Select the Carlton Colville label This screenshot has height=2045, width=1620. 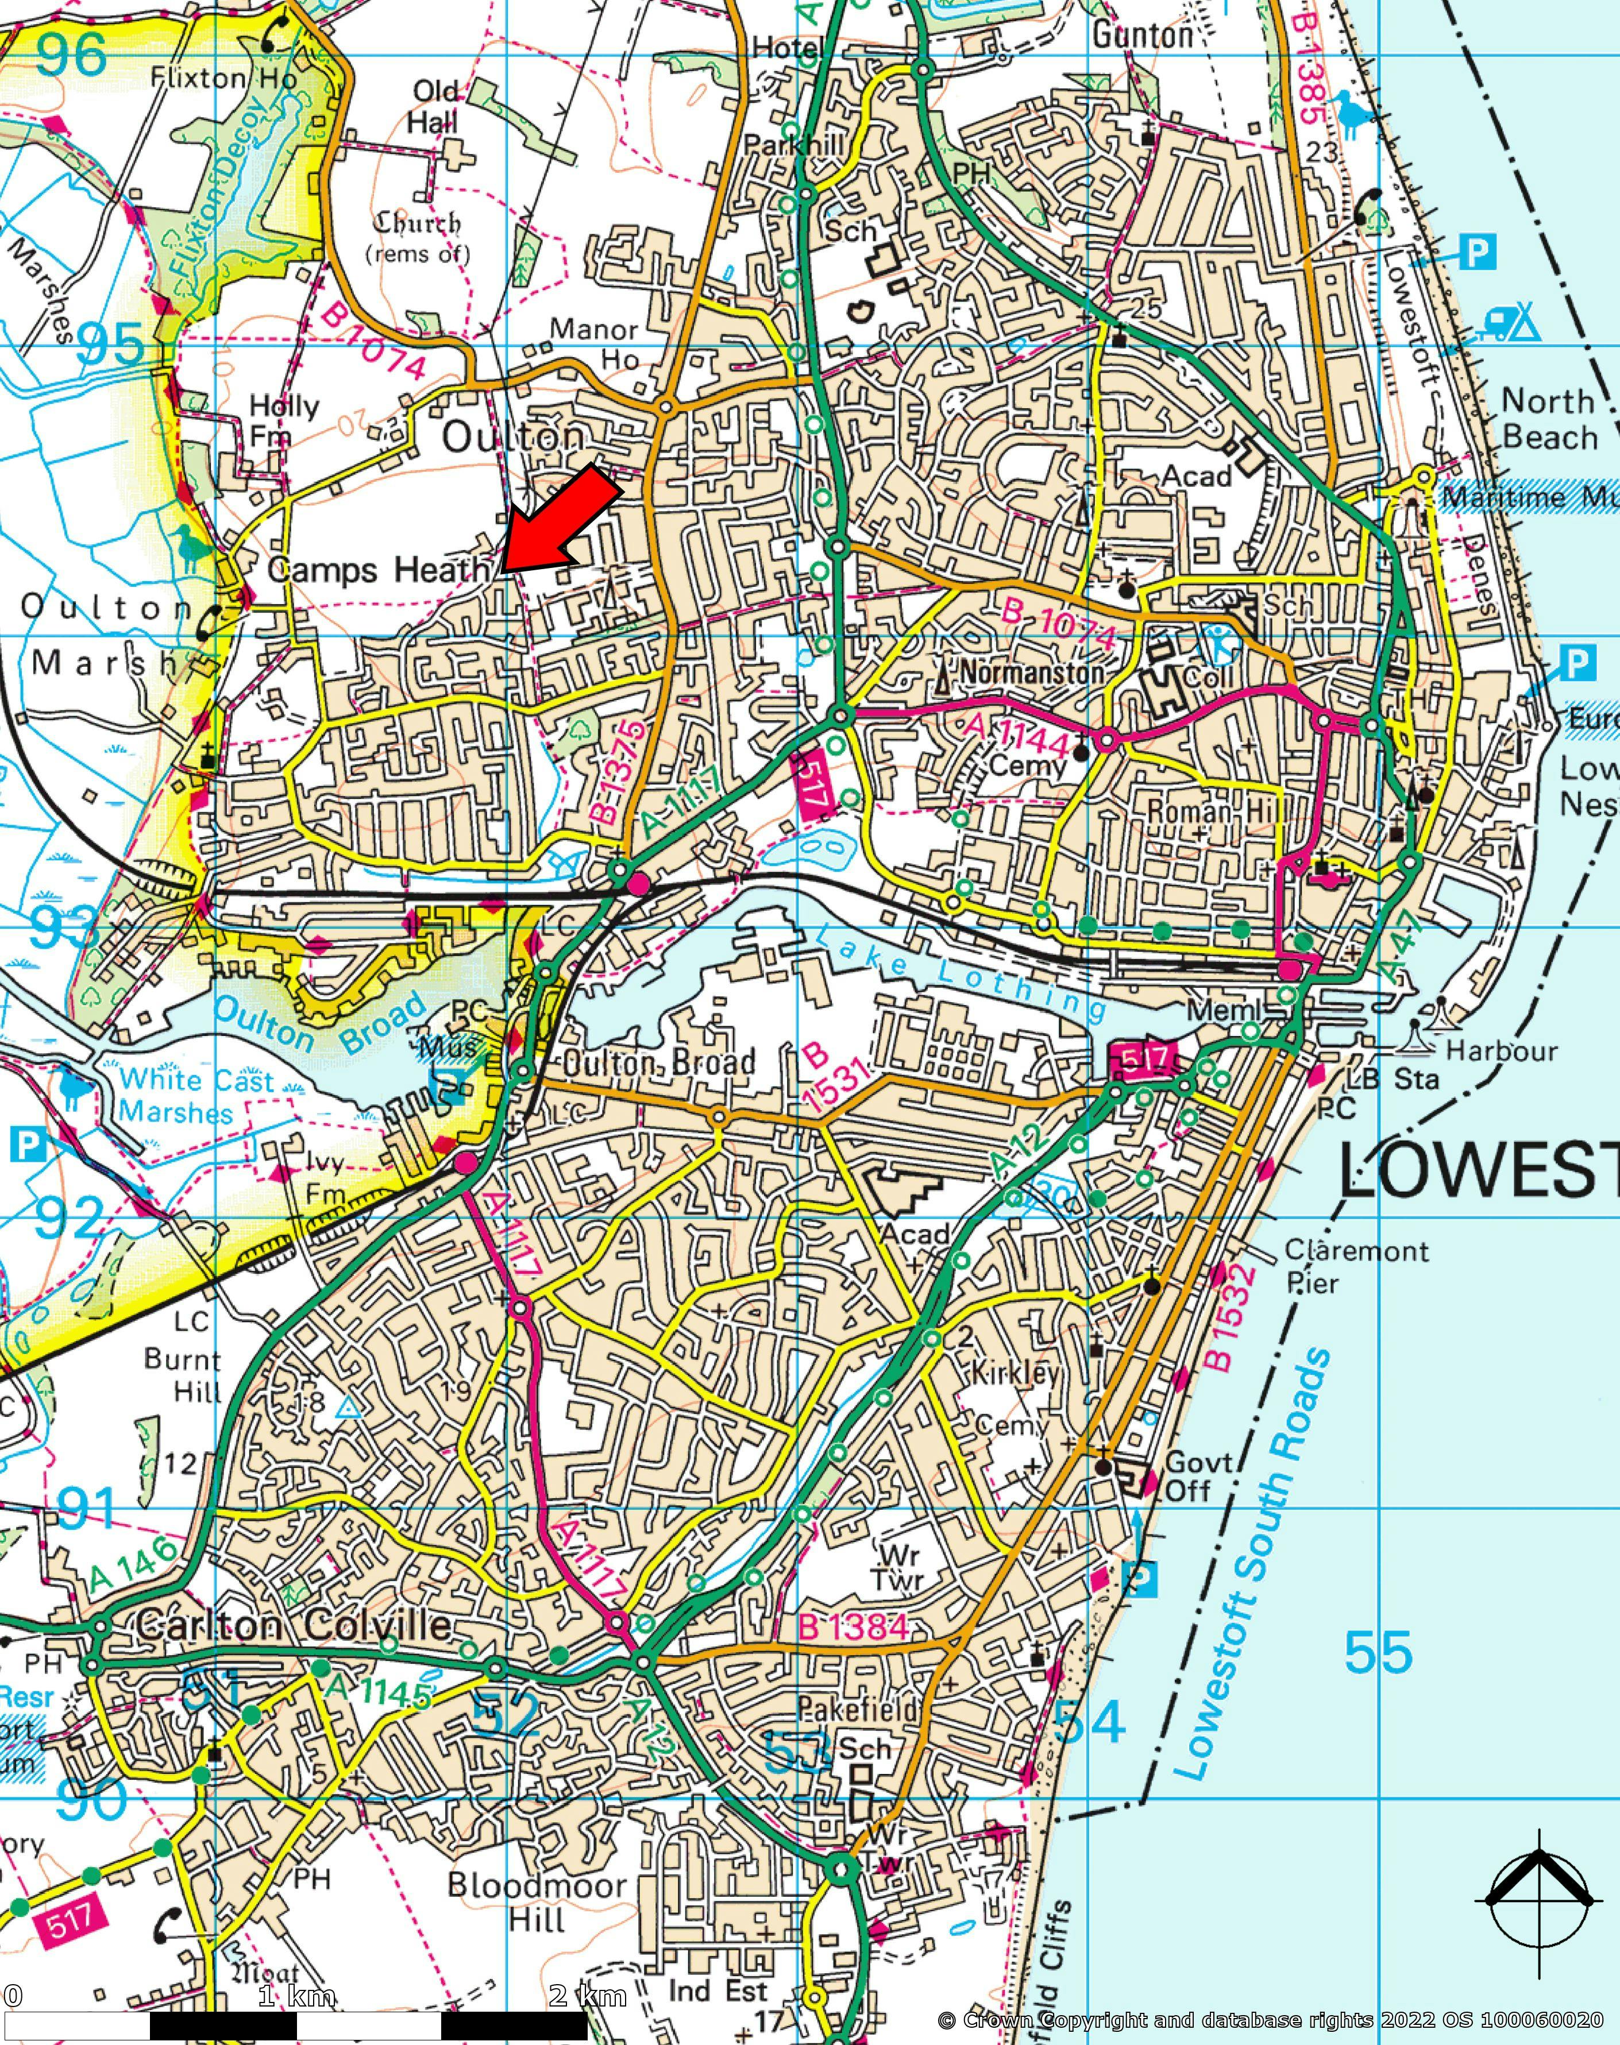pos(293,1625)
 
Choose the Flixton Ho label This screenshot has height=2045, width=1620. pos(224,78)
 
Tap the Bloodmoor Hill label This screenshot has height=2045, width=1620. pos(537,1902)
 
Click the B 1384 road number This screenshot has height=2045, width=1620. pos(853,1627)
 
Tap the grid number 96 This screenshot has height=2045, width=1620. pos(72,55)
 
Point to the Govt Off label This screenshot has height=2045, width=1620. pos(1199,1476)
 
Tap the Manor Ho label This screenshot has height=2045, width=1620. pos(595,344)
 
